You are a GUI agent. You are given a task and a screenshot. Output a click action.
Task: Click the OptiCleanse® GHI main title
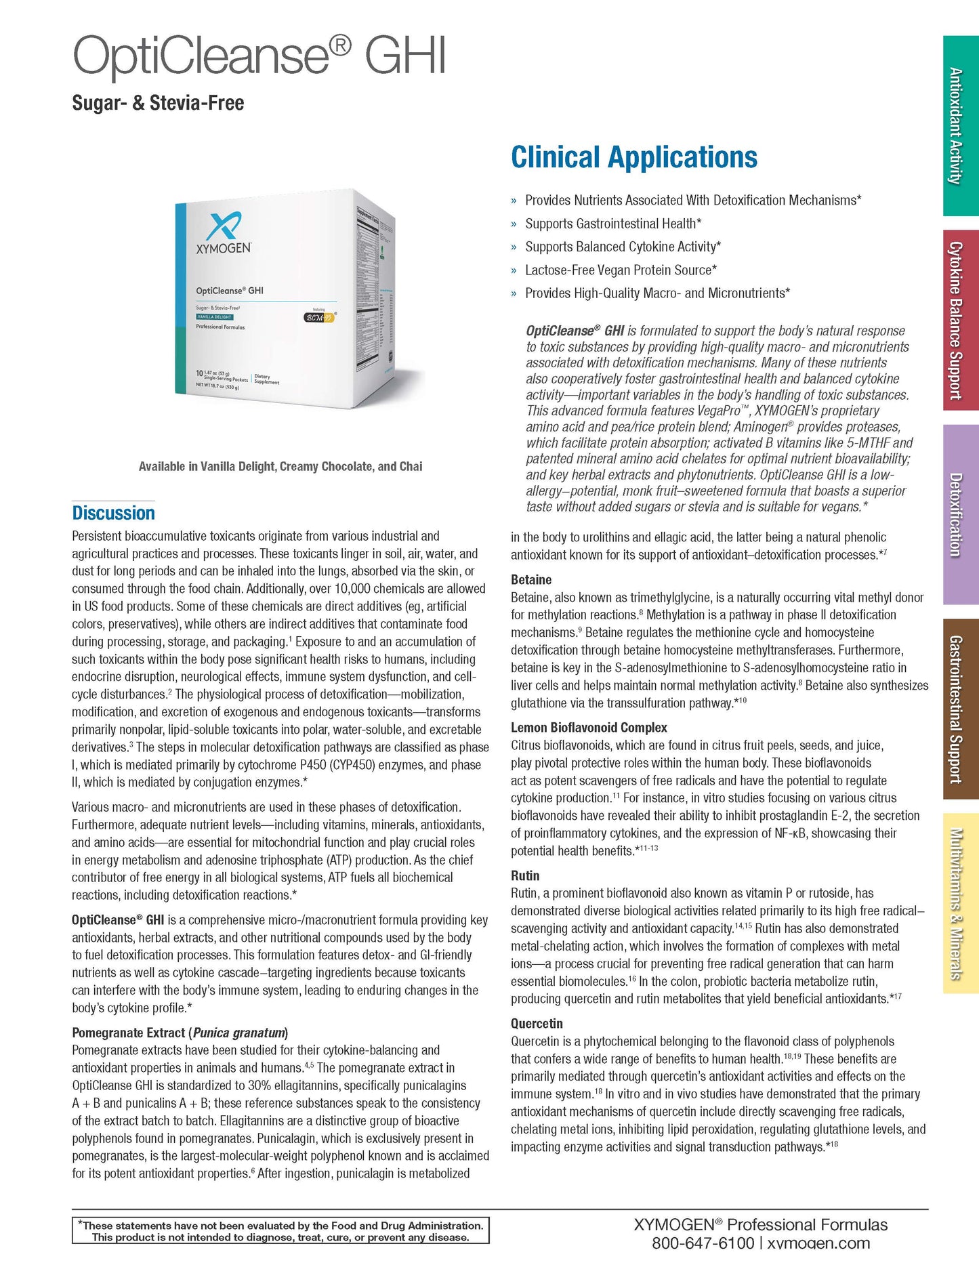pos(259,56)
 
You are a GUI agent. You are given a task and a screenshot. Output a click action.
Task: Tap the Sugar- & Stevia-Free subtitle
pos(158,103)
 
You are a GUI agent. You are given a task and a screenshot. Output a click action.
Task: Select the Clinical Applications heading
pos(633,157)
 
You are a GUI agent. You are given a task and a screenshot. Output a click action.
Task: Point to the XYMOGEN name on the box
pos(223,248)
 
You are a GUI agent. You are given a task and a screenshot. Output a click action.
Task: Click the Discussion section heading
pos(113,513)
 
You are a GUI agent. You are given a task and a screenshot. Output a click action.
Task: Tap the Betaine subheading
pos(531,580)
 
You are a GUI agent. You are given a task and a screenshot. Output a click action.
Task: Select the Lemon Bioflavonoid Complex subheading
pos(589,728)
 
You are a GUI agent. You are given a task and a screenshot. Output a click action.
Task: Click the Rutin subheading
pos(525,875)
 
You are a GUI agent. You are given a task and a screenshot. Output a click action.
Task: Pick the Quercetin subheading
pos(537,1023)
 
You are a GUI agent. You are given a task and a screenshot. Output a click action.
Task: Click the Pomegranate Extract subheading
pos(180,1033)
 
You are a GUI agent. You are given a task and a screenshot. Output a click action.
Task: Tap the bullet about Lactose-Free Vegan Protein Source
pos(621,270)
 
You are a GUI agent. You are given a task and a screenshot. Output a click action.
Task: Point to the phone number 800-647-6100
pos(703,1243)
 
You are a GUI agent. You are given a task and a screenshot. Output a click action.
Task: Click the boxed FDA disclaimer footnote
pos(280,1231)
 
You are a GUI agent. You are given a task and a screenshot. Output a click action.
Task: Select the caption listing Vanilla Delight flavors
pos(280,466)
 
